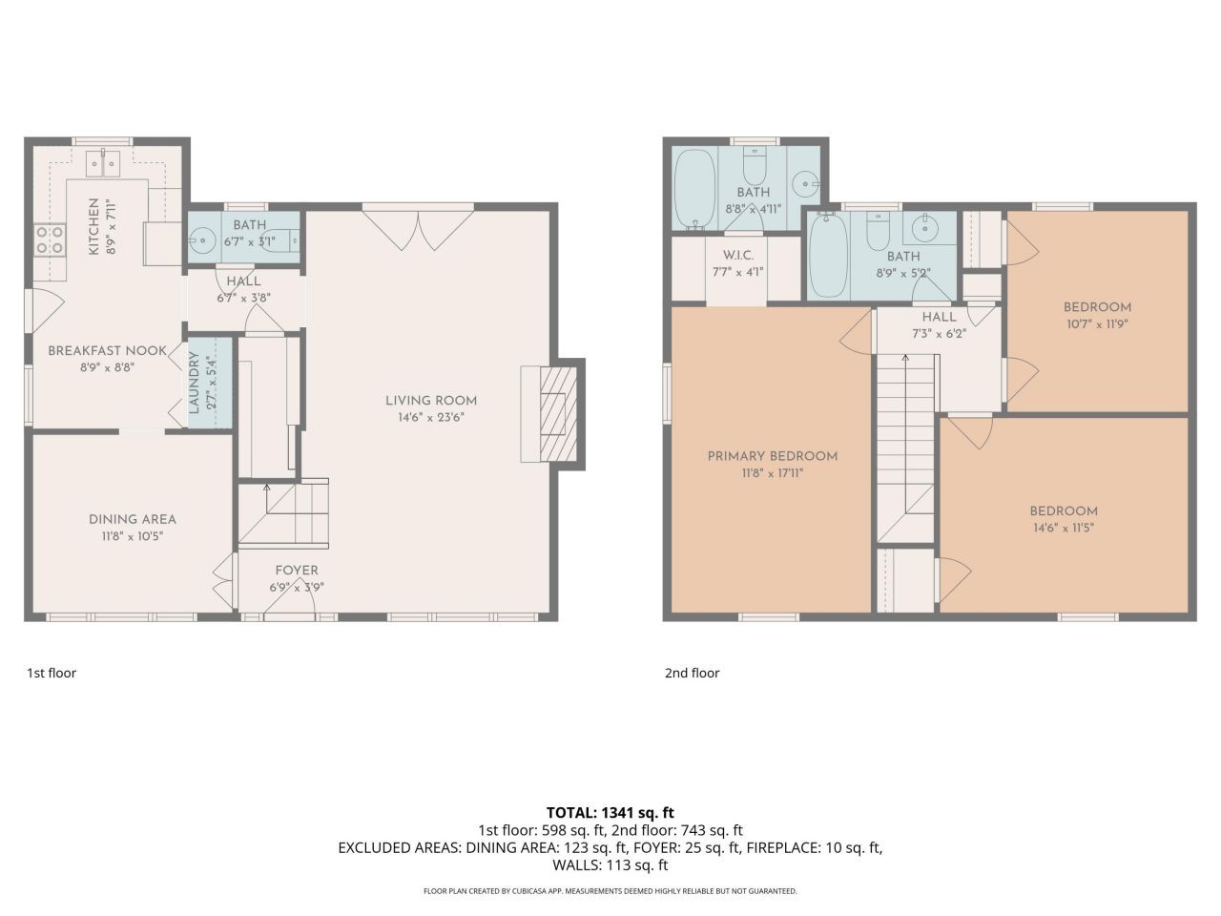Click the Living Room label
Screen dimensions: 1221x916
tap(431, 401)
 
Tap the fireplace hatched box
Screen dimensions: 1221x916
tap(558, 414)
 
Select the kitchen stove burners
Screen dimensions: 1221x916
tap(50, 239)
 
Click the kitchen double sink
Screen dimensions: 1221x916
tap(103, 163)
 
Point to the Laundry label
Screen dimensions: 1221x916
tap(195, 382)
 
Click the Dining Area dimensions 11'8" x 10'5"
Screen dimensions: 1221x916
tap(133, 536)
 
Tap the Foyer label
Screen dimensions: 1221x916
tap(297, 570)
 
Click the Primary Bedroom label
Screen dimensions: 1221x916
tap(772, 456)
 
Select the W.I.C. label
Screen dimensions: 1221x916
tap(738, 256)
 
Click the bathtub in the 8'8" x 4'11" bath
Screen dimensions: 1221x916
tap(694, 190)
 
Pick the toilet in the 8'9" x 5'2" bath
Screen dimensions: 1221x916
tap(879, 231)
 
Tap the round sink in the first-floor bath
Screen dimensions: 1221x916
tap(201, 240)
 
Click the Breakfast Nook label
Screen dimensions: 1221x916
tap(108, 350)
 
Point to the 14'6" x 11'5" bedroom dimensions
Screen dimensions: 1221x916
tap(1064, 528)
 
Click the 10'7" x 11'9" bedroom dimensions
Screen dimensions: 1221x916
tap(1097, 323)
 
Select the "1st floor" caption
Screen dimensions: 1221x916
tap(52, 673)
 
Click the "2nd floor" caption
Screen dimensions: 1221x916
tap(692, 673)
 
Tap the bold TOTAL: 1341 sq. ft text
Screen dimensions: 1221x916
tap(610, 813)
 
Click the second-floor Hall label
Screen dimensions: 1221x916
tap(940, 317)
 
